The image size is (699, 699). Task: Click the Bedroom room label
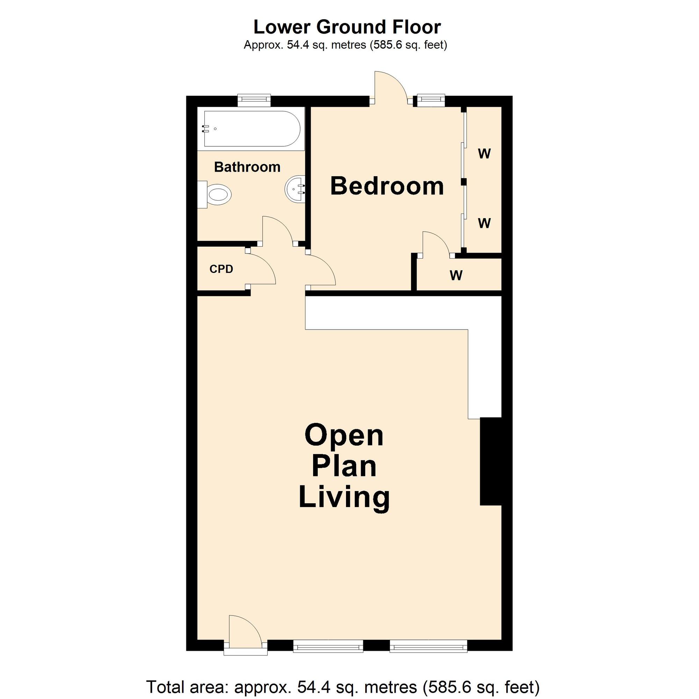point(387,186)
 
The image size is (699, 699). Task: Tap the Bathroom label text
point(247,167)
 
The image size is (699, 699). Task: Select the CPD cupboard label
point(222,269)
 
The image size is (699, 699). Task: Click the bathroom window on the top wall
point(254,100)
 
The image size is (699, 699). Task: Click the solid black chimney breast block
point(491,461)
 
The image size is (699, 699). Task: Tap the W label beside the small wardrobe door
point(456,276)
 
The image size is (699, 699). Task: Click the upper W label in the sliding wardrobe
point(484,154)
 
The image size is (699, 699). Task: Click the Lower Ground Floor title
point(347,27)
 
